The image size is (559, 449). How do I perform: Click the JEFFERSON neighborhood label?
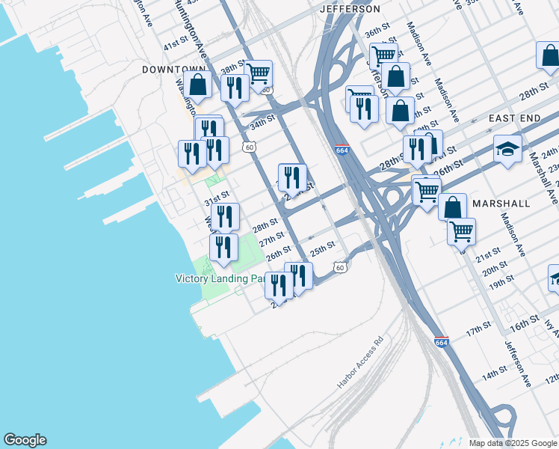pyautogui.click(x=350, y=9)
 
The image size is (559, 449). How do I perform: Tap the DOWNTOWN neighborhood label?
pyautogui.click(x=173, y=69)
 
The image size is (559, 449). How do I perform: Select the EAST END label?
pyautogui.click(x=514, y=119)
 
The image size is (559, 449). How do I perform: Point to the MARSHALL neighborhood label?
pyautogui.click(x=502, y=204)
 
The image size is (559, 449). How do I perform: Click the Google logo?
pyautogui.click(x=25, y=440)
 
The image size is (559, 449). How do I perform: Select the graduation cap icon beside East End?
pyautogui.click(x=507, y=149)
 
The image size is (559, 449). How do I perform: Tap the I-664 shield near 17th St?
pyautogui.click(x=442, y=342)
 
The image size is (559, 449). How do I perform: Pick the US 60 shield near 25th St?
pyautogui.click(x=340, y=267)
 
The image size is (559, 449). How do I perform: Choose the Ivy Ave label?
pyautogui.click(x=552, y=327)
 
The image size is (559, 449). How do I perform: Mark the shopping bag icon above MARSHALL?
pyautogui.click(x=453, y=207)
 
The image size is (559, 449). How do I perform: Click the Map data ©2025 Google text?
pyautogui.click(x=512, y=443)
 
